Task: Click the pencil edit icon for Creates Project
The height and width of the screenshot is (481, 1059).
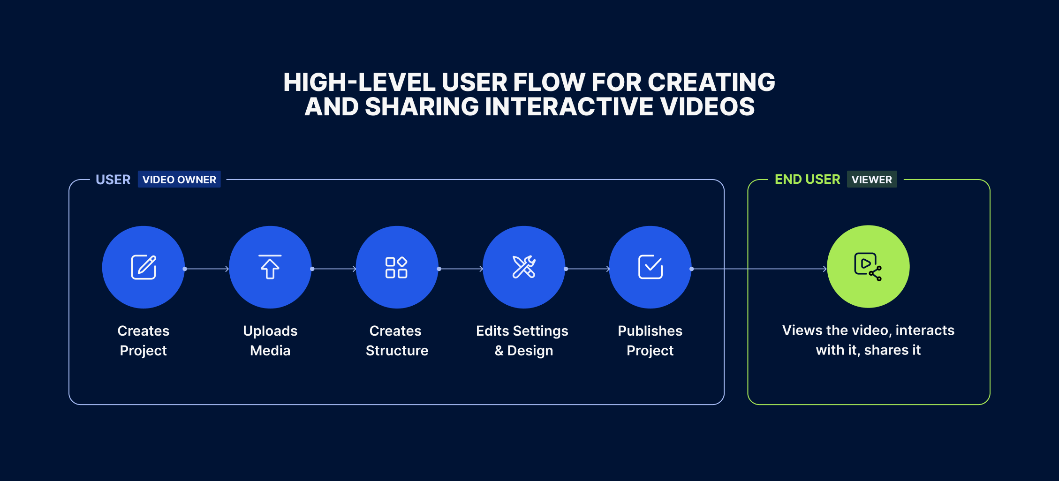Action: click(x=144, y=267)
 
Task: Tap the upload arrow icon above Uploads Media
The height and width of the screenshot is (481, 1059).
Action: click(x=270, y=267)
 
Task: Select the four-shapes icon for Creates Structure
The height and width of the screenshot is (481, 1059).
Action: click(x=396, y=267)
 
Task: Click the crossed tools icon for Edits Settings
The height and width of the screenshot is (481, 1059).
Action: click(x=524, y=267)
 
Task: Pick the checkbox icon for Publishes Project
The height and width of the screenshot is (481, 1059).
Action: click(x=651, y=267)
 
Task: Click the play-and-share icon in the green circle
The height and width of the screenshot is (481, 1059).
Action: click(x=868, y=267)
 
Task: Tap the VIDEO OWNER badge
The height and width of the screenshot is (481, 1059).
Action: click(x=179, y=180)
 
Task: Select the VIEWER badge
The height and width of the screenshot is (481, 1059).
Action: click(x=872, y=180)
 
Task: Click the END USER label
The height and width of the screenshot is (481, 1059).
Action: click(x=807, y=180)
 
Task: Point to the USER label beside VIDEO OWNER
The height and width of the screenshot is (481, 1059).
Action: click(x=113, y=180)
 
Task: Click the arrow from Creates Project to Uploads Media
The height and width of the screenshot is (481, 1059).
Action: click(x=207, y=269)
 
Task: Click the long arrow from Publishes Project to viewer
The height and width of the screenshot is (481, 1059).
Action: click(x=759, y=269)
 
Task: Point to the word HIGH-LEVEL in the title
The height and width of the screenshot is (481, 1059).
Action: click(x=359, y=83)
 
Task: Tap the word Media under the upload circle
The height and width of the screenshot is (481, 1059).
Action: click(x=270, y=351)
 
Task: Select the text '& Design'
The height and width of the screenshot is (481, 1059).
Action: click(x=524, y=351)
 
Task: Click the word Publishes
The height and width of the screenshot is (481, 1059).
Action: click(x=650, y=331)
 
